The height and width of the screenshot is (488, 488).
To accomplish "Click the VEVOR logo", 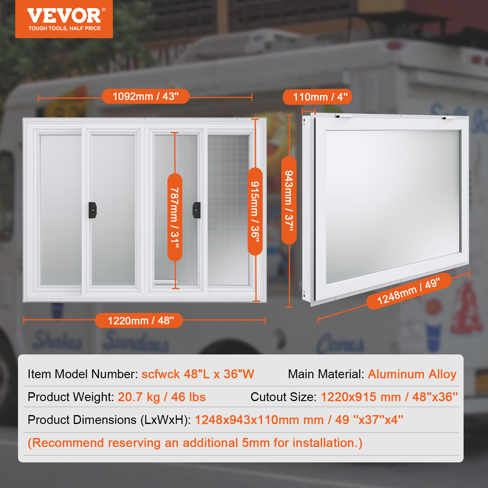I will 64,16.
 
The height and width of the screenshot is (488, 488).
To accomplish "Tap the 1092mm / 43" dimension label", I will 145,96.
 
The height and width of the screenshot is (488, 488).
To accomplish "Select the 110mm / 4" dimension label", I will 317,97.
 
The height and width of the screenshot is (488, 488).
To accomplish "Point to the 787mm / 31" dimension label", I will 175,217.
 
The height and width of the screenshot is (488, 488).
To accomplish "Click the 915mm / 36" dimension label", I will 255,211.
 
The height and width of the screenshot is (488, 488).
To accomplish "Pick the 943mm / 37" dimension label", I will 289,200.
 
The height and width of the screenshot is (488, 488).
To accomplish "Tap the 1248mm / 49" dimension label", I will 409,291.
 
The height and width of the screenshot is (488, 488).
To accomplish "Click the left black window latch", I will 92,210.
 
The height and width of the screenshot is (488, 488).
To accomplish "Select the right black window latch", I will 197,210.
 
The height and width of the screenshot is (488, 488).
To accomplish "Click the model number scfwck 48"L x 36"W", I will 198,374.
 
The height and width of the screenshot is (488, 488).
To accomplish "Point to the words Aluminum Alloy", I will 412,374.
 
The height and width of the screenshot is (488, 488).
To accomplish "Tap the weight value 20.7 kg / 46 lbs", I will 162,397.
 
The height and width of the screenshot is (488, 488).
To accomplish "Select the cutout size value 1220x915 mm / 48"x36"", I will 389,397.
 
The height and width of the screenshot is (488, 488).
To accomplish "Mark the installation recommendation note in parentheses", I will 195,443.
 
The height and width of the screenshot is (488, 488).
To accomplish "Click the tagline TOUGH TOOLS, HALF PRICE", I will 65,28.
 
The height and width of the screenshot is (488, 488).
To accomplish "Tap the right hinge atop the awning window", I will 449,118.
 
